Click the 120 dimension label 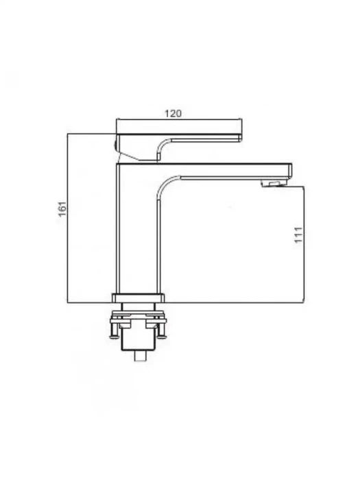[x=173, y=114]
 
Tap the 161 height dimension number [x=62, y=209]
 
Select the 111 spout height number [x=298, y=235]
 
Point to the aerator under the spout [x=274, y=183]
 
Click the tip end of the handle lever [x=241, y=138]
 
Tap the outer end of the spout [x=290, y=171]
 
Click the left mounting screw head [x=113, y=337]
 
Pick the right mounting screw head [x=163, y=337]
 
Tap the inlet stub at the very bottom [x=141, y=356]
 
